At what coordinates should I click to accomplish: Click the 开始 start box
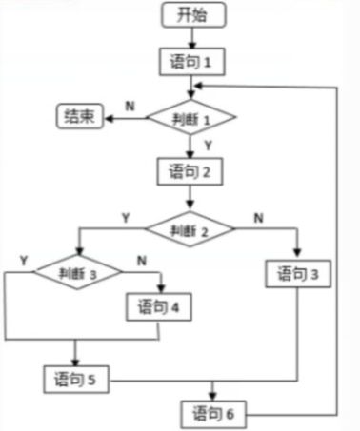click(x=193, y=15)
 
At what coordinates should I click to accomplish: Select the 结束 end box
click(x=80, y=116)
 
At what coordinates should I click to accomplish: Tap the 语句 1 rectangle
click(x=192, y=62)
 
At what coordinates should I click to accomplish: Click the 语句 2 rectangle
click(x=190, y=171)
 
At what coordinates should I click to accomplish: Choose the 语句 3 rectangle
click(x=298, y=274)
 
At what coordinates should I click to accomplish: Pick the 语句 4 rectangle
click(x=159, y=307)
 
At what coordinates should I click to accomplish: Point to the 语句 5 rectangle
click(x=76, y=380)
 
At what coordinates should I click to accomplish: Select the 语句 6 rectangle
click(x=213, y=414)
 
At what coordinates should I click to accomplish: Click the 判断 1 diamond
click(x=191, y=117)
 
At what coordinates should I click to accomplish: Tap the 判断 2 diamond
click(x=190, y=229)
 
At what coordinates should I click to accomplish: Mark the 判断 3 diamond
click(x=78, y=272)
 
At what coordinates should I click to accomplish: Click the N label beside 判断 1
click(x=130, y=107)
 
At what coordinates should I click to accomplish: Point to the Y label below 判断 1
click(x=208, y=146)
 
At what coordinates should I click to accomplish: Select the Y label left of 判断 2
click(x=126, y=218)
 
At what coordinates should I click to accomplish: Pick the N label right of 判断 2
click(x=259, y=218)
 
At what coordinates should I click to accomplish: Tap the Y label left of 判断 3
click(x=24, y=261)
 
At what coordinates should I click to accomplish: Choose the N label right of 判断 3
click(x=142, y=261)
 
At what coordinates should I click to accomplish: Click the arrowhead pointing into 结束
click(x=110, y=119)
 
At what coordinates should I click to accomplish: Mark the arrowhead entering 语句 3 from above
click(x=297, y=252)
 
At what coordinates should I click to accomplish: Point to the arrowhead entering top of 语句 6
click(x=212, y=396)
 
